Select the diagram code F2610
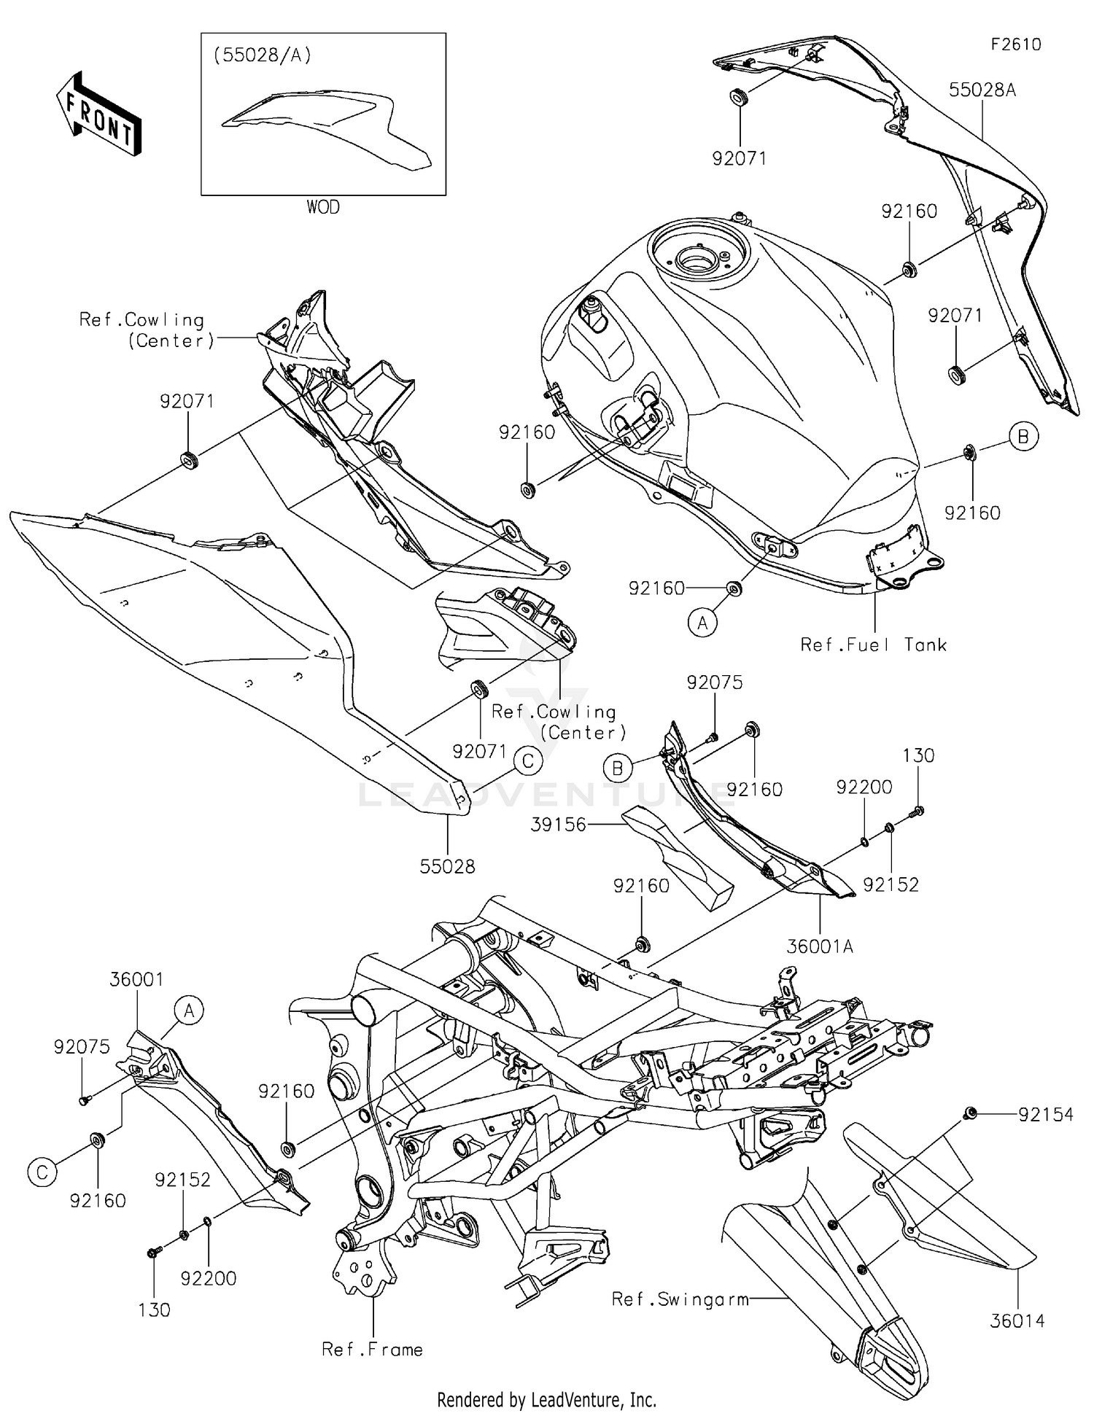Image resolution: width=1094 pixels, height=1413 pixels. [x=1015, y=44]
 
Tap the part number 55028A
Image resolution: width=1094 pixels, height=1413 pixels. [x=982, y=90]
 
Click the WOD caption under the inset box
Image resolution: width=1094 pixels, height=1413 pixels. [x=322, y=207]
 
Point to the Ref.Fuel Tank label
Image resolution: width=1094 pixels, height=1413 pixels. [x=873, y=645]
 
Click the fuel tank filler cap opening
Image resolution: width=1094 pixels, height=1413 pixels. [x=697, y=258]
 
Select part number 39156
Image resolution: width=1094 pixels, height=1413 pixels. [x=559, y=825]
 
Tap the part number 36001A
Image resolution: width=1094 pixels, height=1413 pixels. [x=820, y=946]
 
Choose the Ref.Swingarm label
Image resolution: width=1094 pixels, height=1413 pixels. [x=680, y=1299]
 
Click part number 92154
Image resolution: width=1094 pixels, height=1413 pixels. [x=1046, y=1114]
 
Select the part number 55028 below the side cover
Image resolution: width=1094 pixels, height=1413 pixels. [x=447, y=866]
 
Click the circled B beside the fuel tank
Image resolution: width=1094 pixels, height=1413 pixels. [x=1023, y=436]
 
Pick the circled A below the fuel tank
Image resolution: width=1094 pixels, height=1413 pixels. [x=702, y=623]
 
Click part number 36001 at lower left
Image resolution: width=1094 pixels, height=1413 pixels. [x=136, y=979]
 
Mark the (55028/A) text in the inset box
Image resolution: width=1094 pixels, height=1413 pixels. [x=262, y=55]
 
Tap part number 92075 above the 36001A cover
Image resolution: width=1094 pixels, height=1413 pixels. [x=714, y=682]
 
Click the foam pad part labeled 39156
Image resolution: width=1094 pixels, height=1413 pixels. [x=678, y=857]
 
